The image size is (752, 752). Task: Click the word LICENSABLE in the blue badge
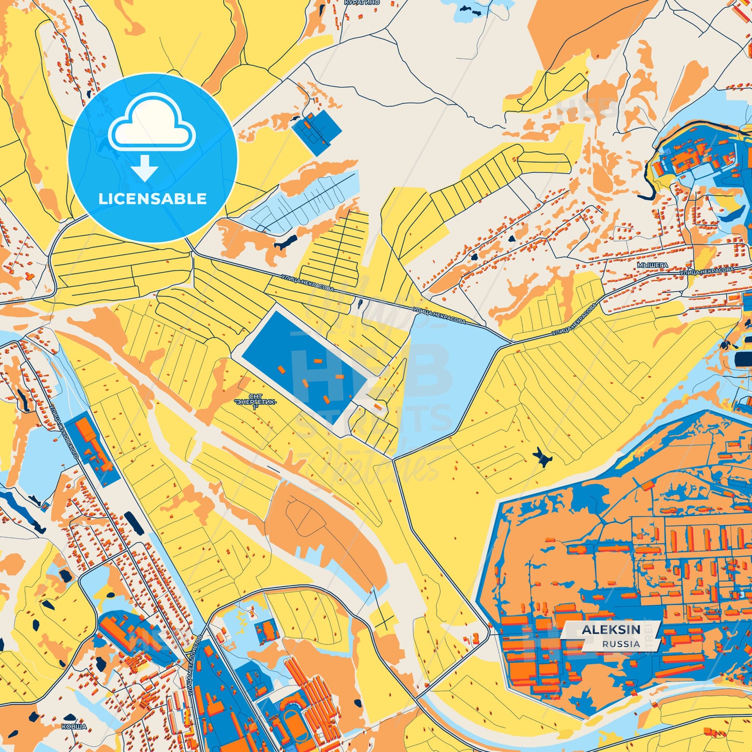coord(152,199)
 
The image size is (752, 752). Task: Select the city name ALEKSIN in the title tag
coord(611,630)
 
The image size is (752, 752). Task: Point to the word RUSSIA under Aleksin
coord(621,644)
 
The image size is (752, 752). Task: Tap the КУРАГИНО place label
coord(362,3)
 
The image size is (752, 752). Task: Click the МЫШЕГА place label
coord(652,265)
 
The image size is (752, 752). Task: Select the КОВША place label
coord(74,726)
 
